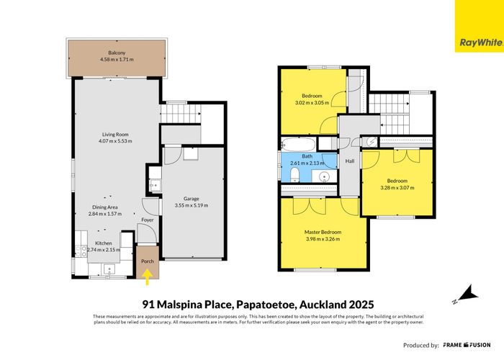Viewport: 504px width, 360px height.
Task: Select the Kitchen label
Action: point(104,243)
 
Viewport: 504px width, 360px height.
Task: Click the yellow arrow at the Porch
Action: point(148,274)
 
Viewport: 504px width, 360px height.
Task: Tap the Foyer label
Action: point(147,220)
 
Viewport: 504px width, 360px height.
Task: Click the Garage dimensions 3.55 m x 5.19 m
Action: point(191,205)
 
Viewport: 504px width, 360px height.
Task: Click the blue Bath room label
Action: point(307,156)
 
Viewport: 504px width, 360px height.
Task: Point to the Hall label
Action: point(350,161)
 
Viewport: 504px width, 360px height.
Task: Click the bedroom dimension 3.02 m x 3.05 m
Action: point(312,103)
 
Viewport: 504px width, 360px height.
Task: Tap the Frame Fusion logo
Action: point(469,345)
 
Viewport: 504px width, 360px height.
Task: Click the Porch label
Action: point(147,261)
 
